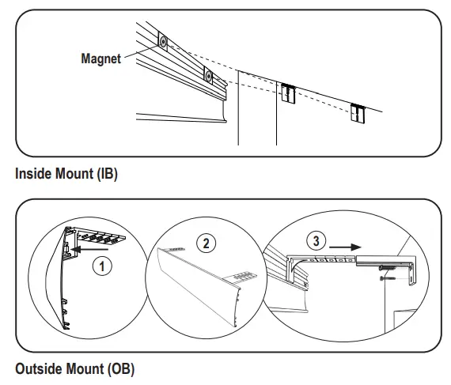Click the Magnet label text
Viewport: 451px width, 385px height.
click(x=100, y=58)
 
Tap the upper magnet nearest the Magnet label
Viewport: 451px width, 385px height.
click(x=161, y=42)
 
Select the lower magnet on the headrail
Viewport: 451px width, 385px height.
click(x=209, y=76)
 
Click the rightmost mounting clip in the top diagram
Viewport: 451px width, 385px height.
click(x=359, y=114)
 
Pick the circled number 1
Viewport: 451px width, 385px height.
click(x=99, y=266)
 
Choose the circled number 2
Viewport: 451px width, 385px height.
click(x=207, y=243)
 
